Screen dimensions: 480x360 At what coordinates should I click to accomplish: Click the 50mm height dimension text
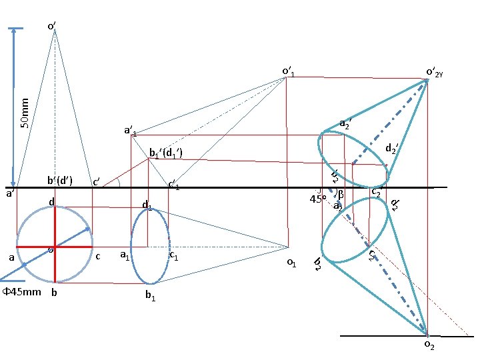pyautogui.click(x=25, y=113)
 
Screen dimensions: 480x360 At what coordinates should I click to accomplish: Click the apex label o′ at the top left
pyautogui.click(x=51, y=26)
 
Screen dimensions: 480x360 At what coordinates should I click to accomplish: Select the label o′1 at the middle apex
pyautogui.click(x=289, y=71)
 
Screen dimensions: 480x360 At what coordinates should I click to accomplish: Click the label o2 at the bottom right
pyautogui.click(x=429, y=346)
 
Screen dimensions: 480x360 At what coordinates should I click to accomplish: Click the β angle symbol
pyautogui.click(x=340, y=194)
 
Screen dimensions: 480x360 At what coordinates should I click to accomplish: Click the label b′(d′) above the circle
pyautogui.click(x=59, y=180)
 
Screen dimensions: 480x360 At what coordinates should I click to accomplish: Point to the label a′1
pyautogui.click(x=130, y=131)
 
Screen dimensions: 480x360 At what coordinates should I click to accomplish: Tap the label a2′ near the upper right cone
pyautogui.click(x=345, y=123)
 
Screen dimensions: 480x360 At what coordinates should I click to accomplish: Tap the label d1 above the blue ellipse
pyautogui.click(x=147, y=207)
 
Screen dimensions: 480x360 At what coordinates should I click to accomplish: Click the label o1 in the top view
pyautogui.click(x=291, y=263)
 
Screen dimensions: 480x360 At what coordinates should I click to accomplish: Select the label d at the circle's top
pyautogui.click(x=51, y=201)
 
